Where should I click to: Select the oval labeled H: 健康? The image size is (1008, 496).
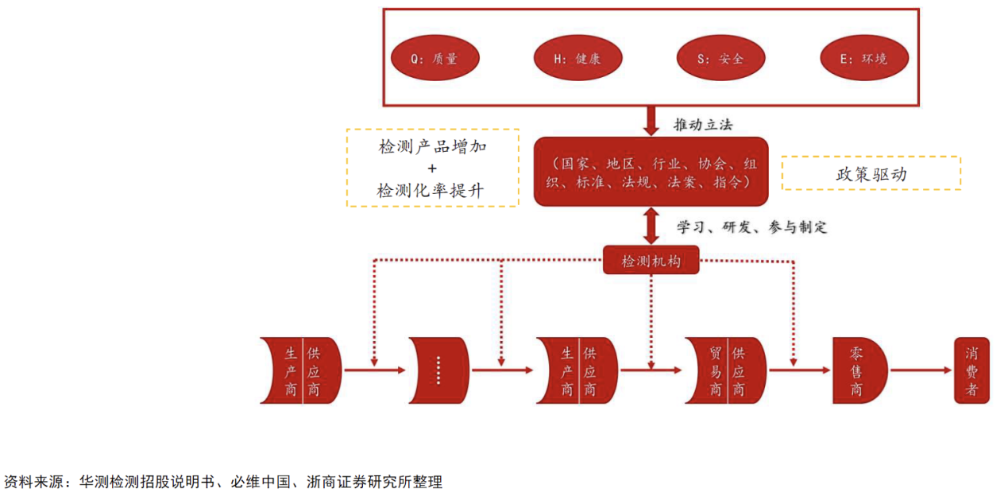click(577, 58)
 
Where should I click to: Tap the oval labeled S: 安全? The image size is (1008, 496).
click(720, 58)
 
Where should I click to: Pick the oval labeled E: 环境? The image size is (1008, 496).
click(863, 58)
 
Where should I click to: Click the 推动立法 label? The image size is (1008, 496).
click(703, 125)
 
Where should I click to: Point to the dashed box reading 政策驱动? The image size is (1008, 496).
click(871, 172)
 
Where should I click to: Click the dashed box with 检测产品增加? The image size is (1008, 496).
click(432, 168)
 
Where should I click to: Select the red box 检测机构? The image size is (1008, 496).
click(651, 260)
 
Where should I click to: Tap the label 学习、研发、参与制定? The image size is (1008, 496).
click(751, 227)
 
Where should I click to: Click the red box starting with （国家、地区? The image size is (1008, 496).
click(651, 172)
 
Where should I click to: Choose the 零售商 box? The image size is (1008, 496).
click(858, 370)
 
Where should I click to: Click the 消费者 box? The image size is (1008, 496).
click(971, 370)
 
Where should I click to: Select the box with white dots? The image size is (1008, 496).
click(438, 370)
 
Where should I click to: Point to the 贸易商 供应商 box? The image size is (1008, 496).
click(727, 370)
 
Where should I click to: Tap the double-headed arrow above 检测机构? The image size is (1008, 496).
click(651, 227)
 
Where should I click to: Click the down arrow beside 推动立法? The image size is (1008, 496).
click(651, 121)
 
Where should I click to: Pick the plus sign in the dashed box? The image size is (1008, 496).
click(432, 169)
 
